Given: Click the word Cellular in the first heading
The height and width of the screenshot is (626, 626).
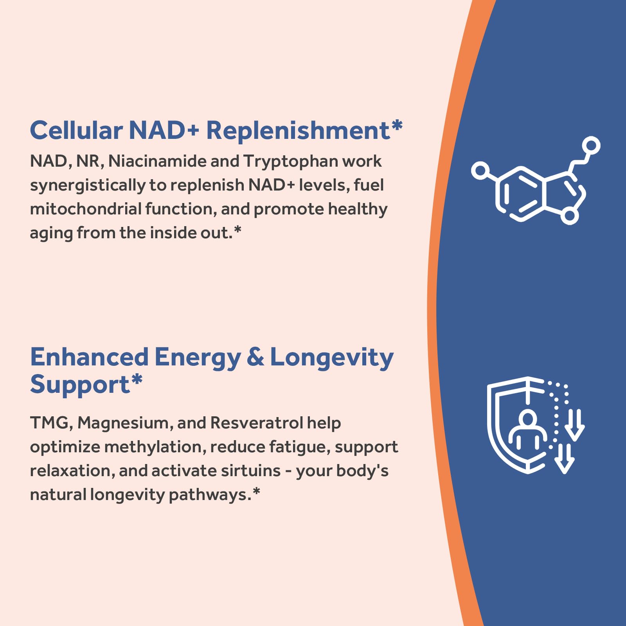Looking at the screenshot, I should [76, 130].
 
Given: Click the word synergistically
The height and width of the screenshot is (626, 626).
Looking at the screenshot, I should [88, 185].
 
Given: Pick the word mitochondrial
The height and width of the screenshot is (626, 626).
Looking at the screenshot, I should [85, 209].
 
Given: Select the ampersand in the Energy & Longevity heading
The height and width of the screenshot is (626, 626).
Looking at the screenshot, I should [255, 357].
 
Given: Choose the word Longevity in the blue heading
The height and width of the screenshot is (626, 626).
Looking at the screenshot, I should [332, 358].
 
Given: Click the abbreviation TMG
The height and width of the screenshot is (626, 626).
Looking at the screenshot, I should [49, 423].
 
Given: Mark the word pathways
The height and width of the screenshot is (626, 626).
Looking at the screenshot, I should [209, 495].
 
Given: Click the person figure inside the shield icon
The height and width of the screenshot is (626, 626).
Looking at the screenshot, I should [527, 430].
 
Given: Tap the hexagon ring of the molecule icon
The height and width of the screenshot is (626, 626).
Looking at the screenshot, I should [520, 194].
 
